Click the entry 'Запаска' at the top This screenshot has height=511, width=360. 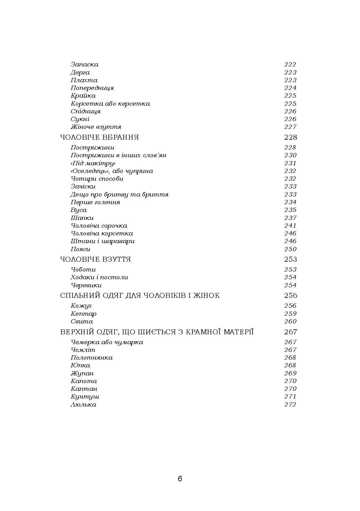click(x=84, y=65)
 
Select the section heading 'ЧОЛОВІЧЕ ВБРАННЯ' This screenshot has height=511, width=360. click(x=99, y=137)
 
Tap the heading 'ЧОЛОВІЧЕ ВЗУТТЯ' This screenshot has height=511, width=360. click(x=95, y=259)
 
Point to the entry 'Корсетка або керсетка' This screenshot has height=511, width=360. click(x=110, y=103)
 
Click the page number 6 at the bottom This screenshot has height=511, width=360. click(x=180, y=479)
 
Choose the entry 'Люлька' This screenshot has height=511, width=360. click(x=83, y=404)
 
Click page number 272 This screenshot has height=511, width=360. click(x=290, y=404)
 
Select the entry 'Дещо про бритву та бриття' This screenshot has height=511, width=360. click(x=119, y=194)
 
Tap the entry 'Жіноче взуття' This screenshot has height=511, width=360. click(x=96, y=127)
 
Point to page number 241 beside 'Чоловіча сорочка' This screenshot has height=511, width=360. click(x=290, y=226)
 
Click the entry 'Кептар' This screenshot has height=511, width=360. click(x=83, y=314)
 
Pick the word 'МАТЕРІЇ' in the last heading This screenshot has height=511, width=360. click(x=239, y=332)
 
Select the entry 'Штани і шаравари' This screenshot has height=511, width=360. click(x=103, y=241)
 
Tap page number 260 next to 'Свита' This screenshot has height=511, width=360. click(x=290, y=321)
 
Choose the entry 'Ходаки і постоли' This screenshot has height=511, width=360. click(x=99, y=277)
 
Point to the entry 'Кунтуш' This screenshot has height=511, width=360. click(x=85, y=396)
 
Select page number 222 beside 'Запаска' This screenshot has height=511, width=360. click(x=290, y=65)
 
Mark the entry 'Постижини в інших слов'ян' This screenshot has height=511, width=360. click(x=119, y=155)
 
